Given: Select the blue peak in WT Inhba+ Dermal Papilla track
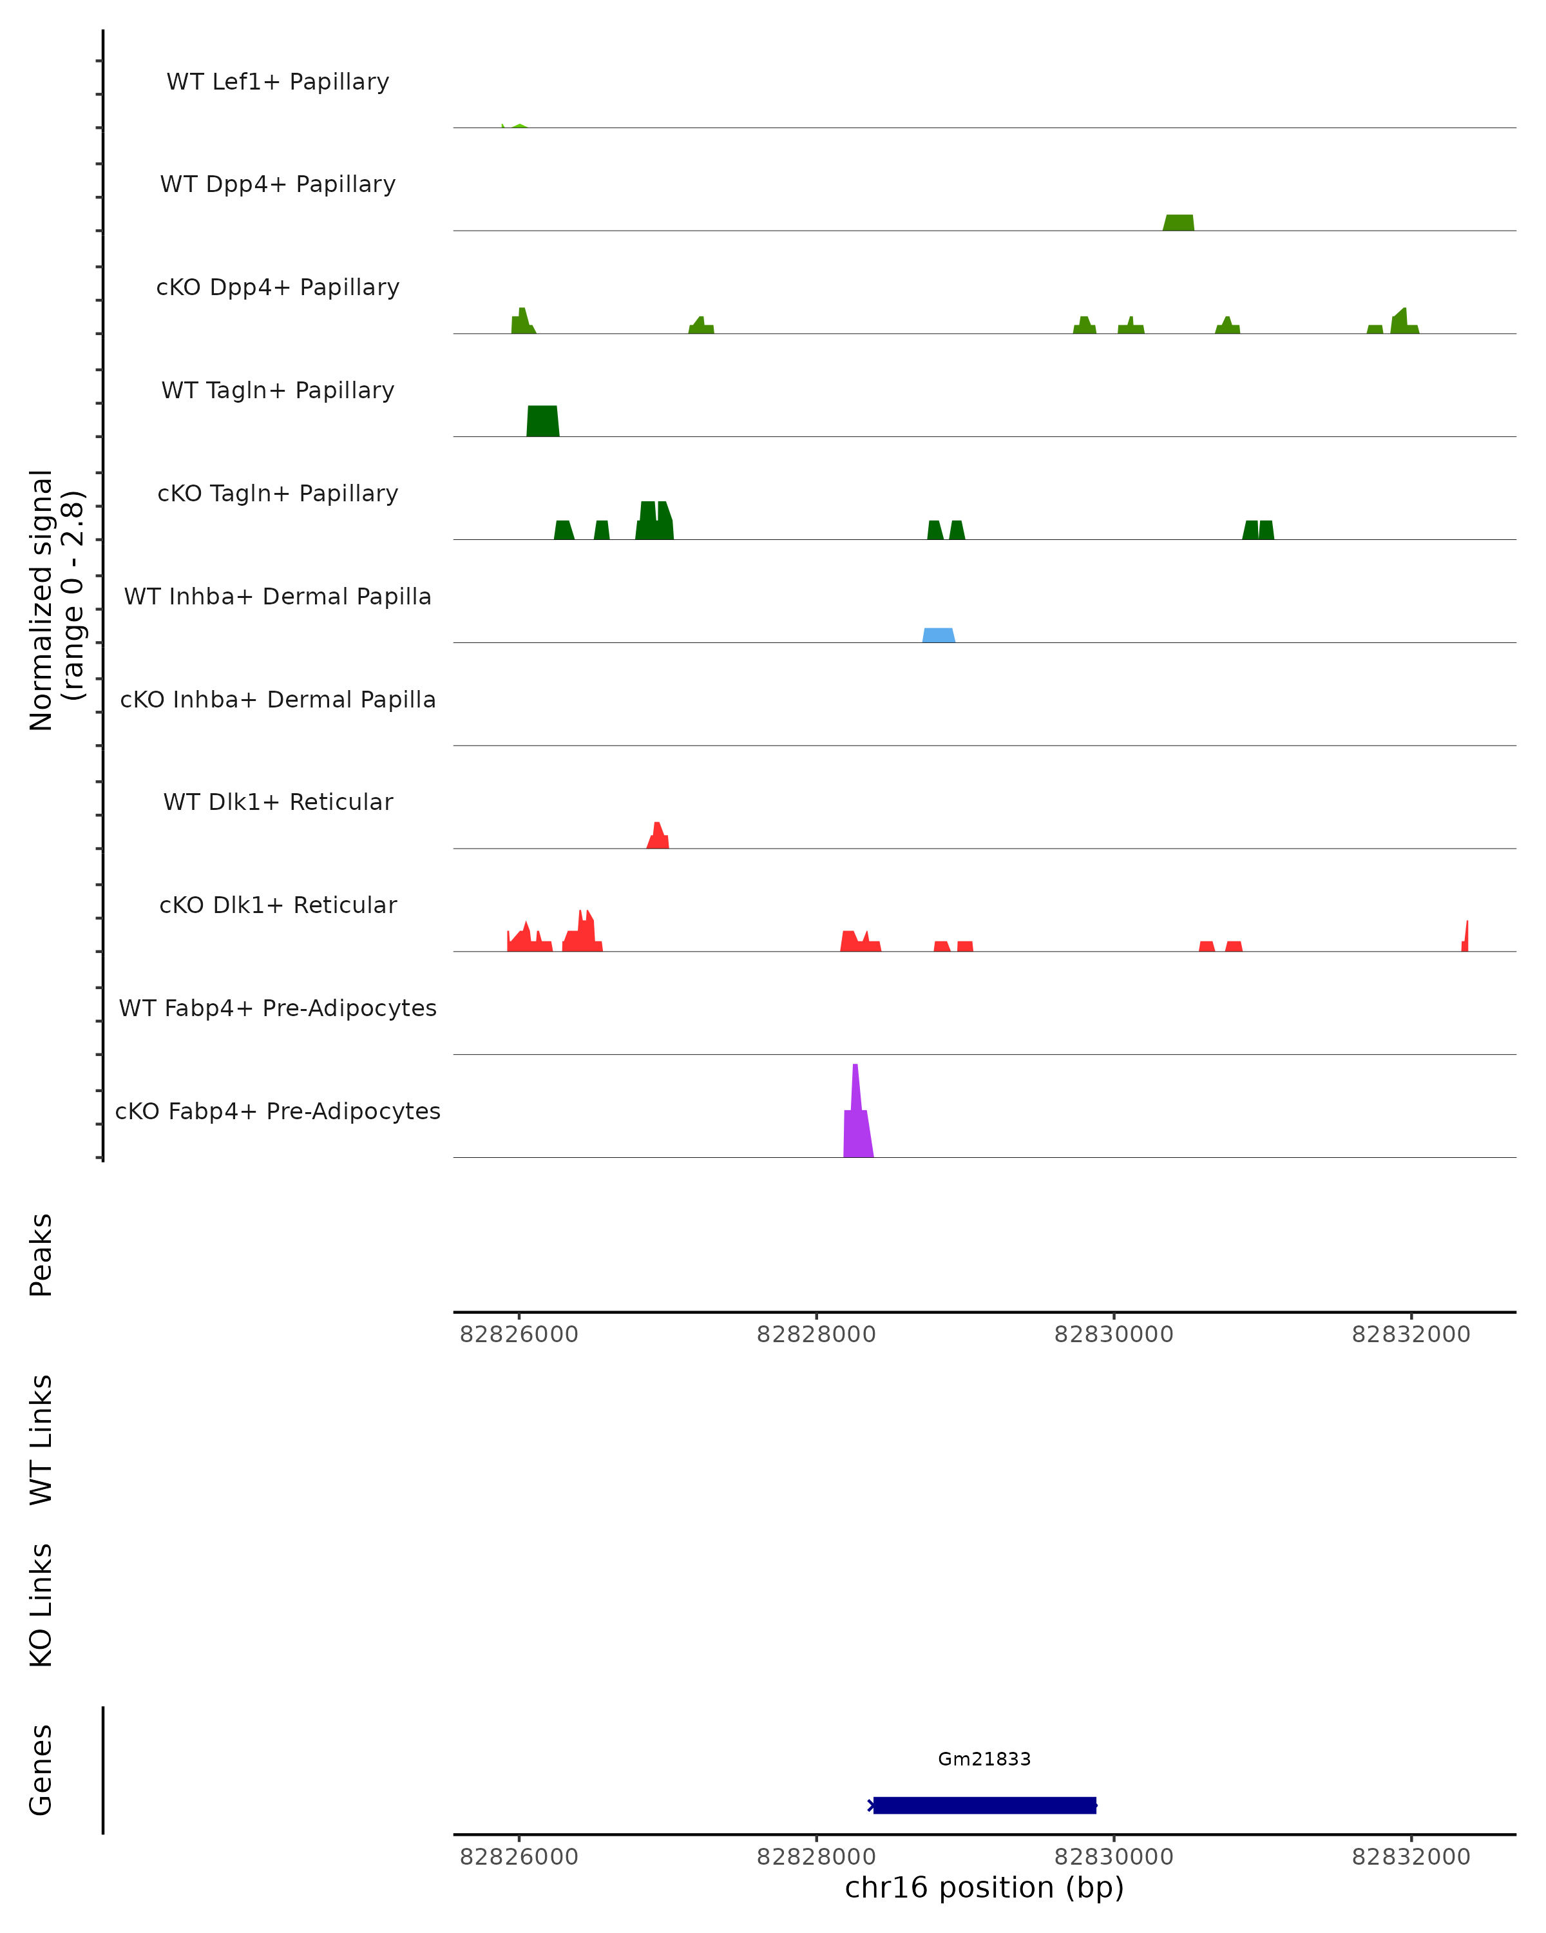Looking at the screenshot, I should (939, 636).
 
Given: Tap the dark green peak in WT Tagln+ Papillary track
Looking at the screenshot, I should (542, 421).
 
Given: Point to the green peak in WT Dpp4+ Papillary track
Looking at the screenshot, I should (1179, 223).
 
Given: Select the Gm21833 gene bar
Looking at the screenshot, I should (984, 1805).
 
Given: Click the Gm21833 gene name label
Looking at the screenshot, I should (984, 1759).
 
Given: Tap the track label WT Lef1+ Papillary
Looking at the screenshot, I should (278, 82).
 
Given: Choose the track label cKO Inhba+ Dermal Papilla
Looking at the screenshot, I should (278, 699).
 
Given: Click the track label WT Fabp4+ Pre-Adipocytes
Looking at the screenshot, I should (278, 1008).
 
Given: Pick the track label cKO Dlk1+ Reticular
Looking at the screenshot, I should (278, 905).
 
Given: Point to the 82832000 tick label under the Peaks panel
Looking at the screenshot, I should (1411, 1334).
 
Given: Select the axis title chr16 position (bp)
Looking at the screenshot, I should (984, 1887).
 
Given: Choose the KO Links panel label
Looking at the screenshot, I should (41, 1605).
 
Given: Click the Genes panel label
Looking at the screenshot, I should (41, 1770).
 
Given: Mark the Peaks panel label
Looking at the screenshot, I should (41, 1255).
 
